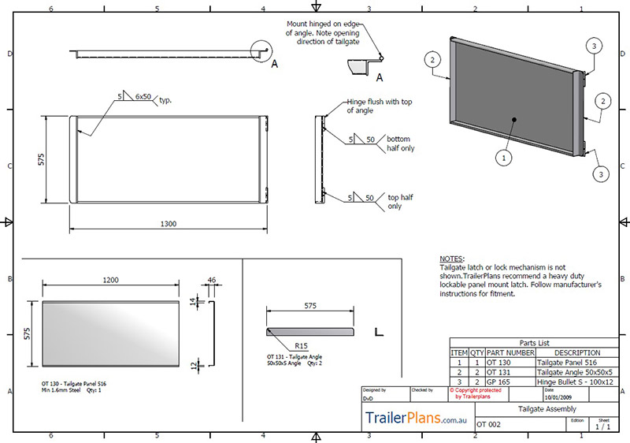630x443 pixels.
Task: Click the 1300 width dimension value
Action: (x=169, y=224)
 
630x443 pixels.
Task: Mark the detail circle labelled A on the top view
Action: (x=261, y=50)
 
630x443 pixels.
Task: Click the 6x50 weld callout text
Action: (x=143, y=96)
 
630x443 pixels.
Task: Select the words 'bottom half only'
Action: (x=400, y=143)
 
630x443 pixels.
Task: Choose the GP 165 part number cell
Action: (x=501, y=381)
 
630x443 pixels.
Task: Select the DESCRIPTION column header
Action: (x=576, y=352)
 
